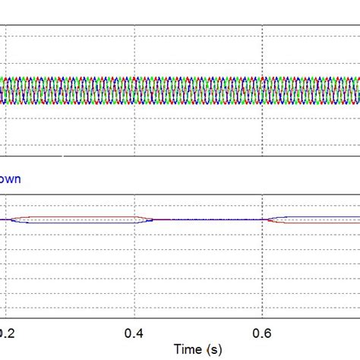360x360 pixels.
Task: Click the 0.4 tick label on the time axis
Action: tap(134, 332)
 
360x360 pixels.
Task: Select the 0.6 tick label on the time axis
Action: tap(262, 332)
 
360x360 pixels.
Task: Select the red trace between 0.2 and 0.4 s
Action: tap(84, 216)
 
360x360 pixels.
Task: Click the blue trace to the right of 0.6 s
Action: tap(319, 216)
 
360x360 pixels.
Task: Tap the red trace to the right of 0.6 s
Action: tap(319, 223)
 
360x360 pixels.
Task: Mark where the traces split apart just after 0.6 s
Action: tap(270, 220)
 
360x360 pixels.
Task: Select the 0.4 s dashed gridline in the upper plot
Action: tap(134, 46)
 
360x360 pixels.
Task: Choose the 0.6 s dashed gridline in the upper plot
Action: tap(262, 46)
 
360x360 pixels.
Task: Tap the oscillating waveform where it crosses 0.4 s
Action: tap(134, 90)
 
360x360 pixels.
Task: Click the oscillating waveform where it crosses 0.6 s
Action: tap(262, 90)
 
